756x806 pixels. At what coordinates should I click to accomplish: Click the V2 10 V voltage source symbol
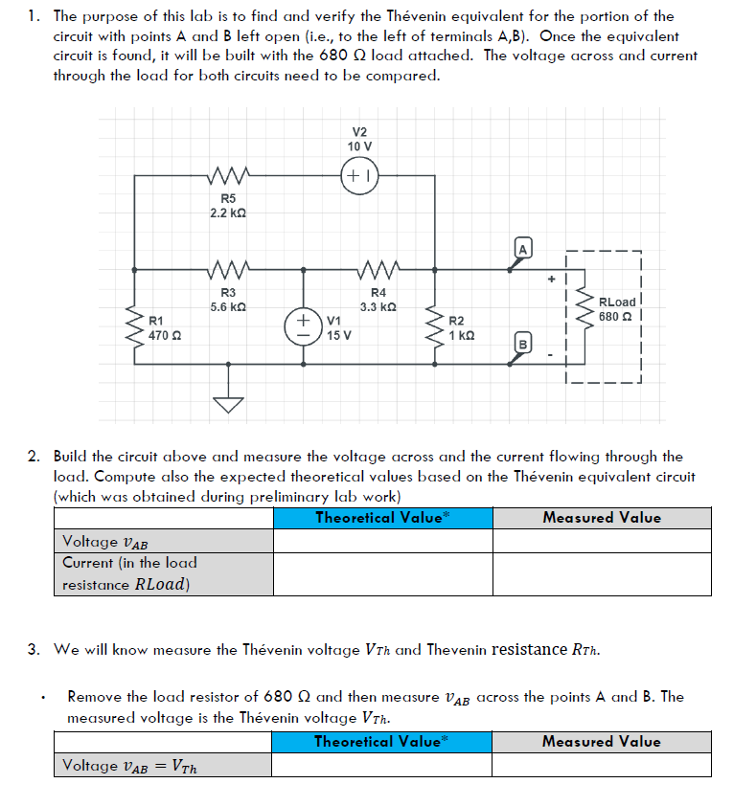coord(358,176)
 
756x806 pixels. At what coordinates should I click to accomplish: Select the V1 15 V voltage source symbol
coord(306,326)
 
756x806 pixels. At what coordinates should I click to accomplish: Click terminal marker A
coord(522,250)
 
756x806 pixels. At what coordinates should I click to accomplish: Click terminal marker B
coord(523,343)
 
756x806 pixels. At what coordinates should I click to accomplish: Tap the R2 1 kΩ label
coord(462,327)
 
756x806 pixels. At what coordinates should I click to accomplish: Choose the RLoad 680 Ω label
coord(616,308)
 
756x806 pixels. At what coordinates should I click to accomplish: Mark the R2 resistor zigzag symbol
coord(437,323)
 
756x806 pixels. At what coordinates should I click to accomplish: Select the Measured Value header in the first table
coord(602,518)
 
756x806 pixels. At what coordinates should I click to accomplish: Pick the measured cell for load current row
coord(602,573)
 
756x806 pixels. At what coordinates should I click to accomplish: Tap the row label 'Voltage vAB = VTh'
coord(130,765)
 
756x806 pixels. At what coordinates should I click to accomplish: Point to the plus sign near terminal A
coord(552,280)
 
